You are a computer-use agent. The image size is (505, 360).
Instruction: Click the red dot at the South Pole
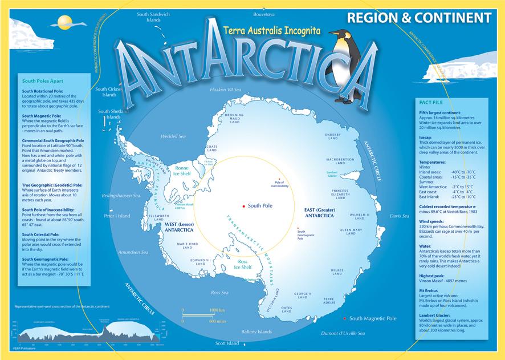coord(243,205)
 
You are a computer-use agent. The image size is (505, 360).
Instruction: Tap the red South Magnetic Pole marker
coord(345,318)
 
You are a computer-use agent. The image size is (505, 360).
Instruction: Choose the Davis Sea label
coord(399,216)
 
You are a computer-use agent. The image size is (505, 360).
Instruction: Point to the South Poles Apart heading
coord(43,81)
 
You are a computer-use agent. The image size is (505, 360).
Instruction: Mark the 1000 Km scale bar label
coord(218,309)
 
